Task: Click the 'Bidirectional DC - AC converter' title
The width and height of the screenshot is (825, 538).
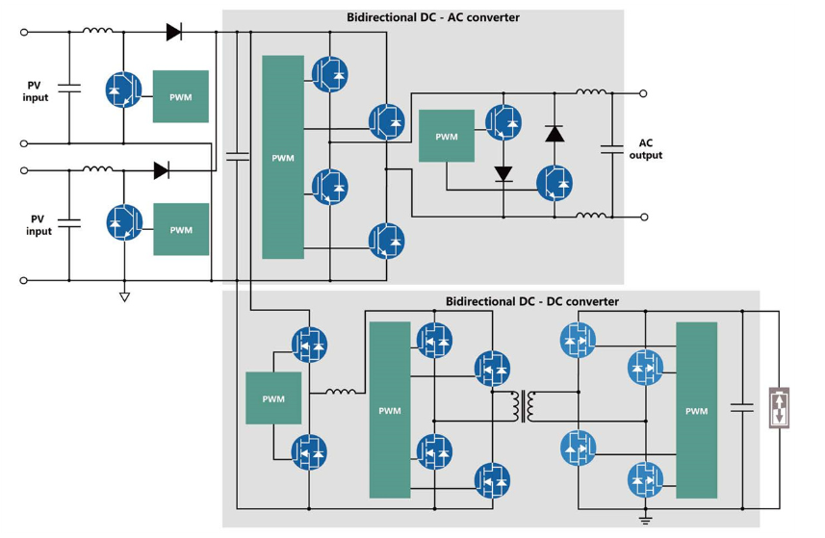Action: point(432,17)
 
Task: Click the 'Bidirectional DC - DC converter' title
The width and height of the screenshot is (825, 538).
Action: point(532,301)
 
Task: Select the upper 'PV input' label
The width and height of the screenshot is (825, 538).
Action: point(36,91)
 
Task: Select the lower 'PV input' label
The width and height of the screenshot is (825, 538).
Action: point(39,225)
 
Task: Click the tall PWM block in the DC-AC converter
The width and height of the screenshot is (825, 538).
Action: point(283,157)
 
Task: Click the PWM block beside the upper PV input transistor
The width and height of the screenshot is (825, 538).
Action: point(181,96)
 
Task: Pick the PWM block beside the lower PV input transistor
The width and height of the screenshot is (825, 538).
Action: point(181,230)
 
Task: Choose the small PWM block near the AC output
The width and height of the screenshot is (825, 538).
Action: point(447,136)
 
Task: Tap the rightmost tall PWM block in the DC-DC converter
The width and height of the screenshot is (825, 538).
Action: point(696,411)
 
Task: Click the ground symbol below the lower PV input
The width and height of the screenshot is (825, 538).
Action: point(124,295)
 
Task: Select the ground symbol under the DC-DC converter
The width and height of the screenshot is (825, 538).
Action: point(646,521)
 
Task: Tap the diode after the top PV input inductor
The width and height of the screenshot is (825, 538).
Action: point(173,32)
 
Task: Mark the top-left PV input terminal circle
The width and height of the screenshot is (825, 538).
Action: point(24,32)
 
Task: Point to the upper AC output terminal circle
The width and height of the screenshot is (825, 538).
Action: point(644,93)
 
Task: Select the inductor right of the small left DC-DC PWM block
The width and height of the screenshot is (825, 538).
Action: point(341,392)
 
